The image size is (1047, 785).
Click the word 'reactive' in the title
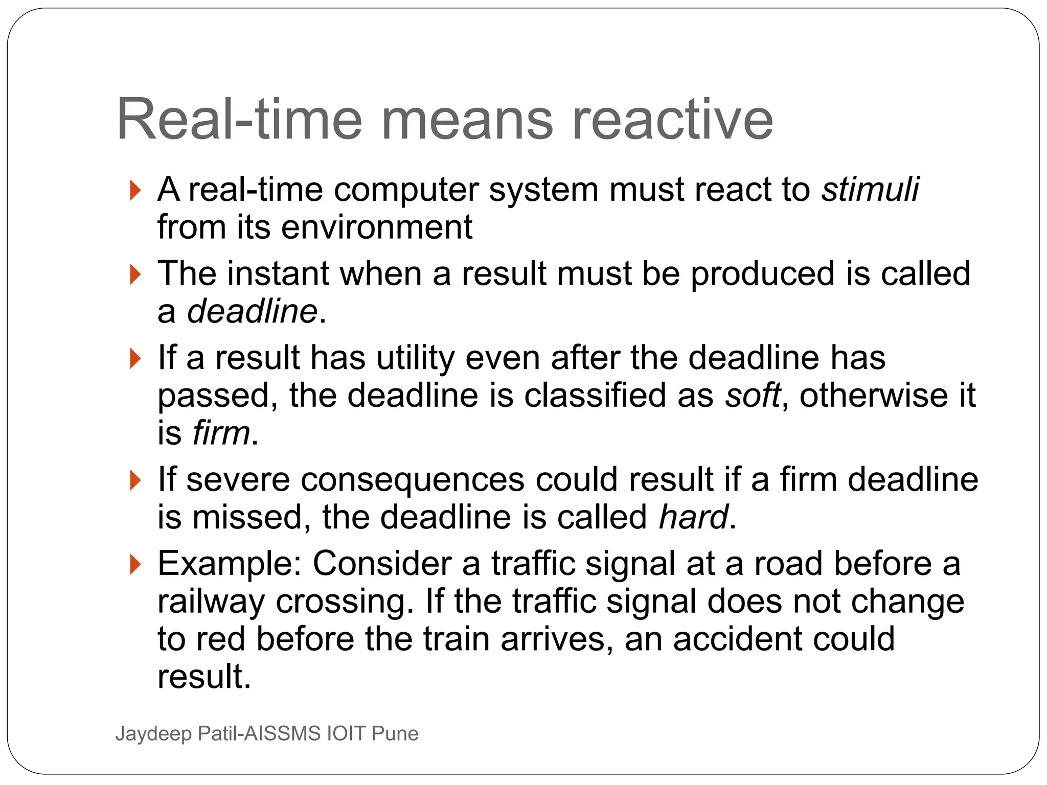[x=672, y=120]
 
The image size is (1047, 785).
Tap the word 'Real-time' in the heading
[x=239, y=120]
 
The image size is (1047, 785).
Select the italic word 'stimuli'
[x=870, y=190]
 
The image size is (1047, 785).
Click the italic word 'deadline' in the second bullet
[x=253, y=311]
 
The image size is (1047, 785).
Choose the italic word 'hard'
[x=693, y=517]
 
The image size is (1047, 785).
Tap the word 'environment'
[x=377, y=227]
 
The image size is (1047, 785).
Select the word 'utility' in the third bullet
[x=415, y=358]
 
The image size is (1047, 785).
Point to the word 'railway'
[x=211, y=602]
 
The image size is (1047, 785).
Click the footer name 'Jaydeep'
[x=154, y=734]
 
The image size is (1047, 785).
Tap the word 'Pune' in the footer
[x=395, y=734]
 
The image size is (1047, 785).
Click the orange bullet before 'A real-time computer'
[x=135, y=191]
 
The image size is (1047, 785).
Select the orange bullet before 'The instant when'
[x=135, y=274]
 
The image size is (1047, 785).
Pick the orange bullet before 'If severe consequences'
[x=135, y=480]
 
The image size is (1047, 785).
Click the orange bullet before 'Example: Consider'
[x=135, y=564]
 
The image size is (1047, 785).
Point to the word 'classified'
[x=595, y=396]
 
